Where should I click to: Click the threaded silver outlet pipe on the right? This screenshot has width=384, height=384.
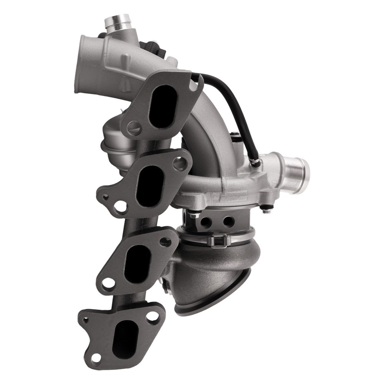coord(295,166)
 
